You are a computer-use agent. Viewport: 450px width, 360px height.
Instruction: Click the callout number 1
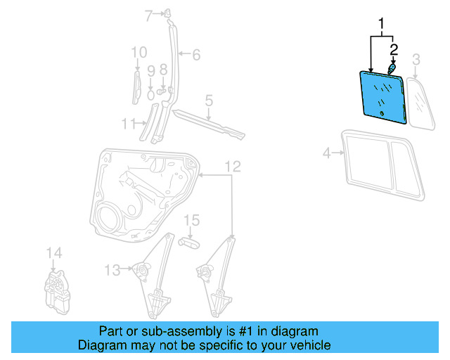click(382, 25)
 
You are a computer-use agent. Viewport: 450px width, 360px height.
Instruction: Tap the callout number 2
click(394, 49)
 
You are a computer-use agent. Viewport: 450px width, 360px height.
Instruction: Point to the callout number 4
click(326, 152)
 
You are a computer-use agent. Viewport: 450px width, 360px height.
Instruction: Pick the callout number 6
click(196, 54)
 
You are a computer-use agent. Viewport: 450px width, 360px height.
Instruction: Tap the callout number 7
click(148, 15)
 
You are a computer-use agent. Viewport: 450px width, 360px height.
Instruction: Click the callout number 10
click(139, 52)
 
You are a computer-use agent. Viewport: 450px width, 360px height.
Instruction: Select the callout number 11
click(127, 124)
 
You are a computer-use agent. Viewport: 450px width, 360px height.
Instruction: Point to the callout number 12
click(233, 166)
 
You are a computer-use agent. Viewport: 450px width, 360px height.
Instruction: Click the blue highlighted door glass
click(383, 95)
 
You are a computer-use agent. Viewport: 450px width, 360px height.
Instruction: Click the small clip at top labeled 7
click(169, 12)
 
